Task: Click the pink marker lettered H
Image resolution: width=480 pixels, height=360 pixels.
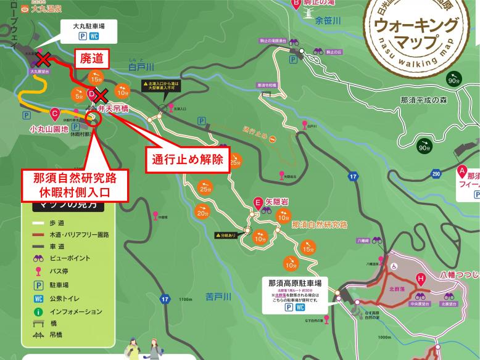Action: [x=421, y=278]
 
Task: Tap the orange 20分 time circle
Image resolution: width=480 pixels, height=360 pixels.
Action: [x=202, y=213]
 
